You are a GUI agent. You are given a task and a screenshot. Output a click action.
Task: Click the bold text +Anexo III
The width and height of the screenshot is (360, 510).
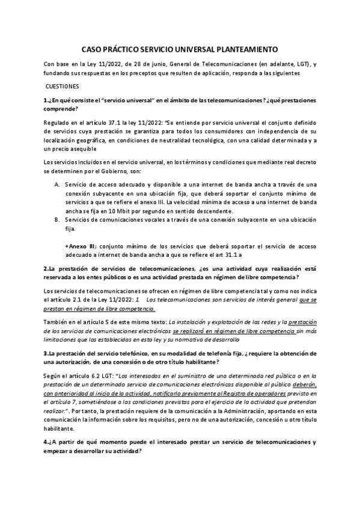point(80,246)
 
